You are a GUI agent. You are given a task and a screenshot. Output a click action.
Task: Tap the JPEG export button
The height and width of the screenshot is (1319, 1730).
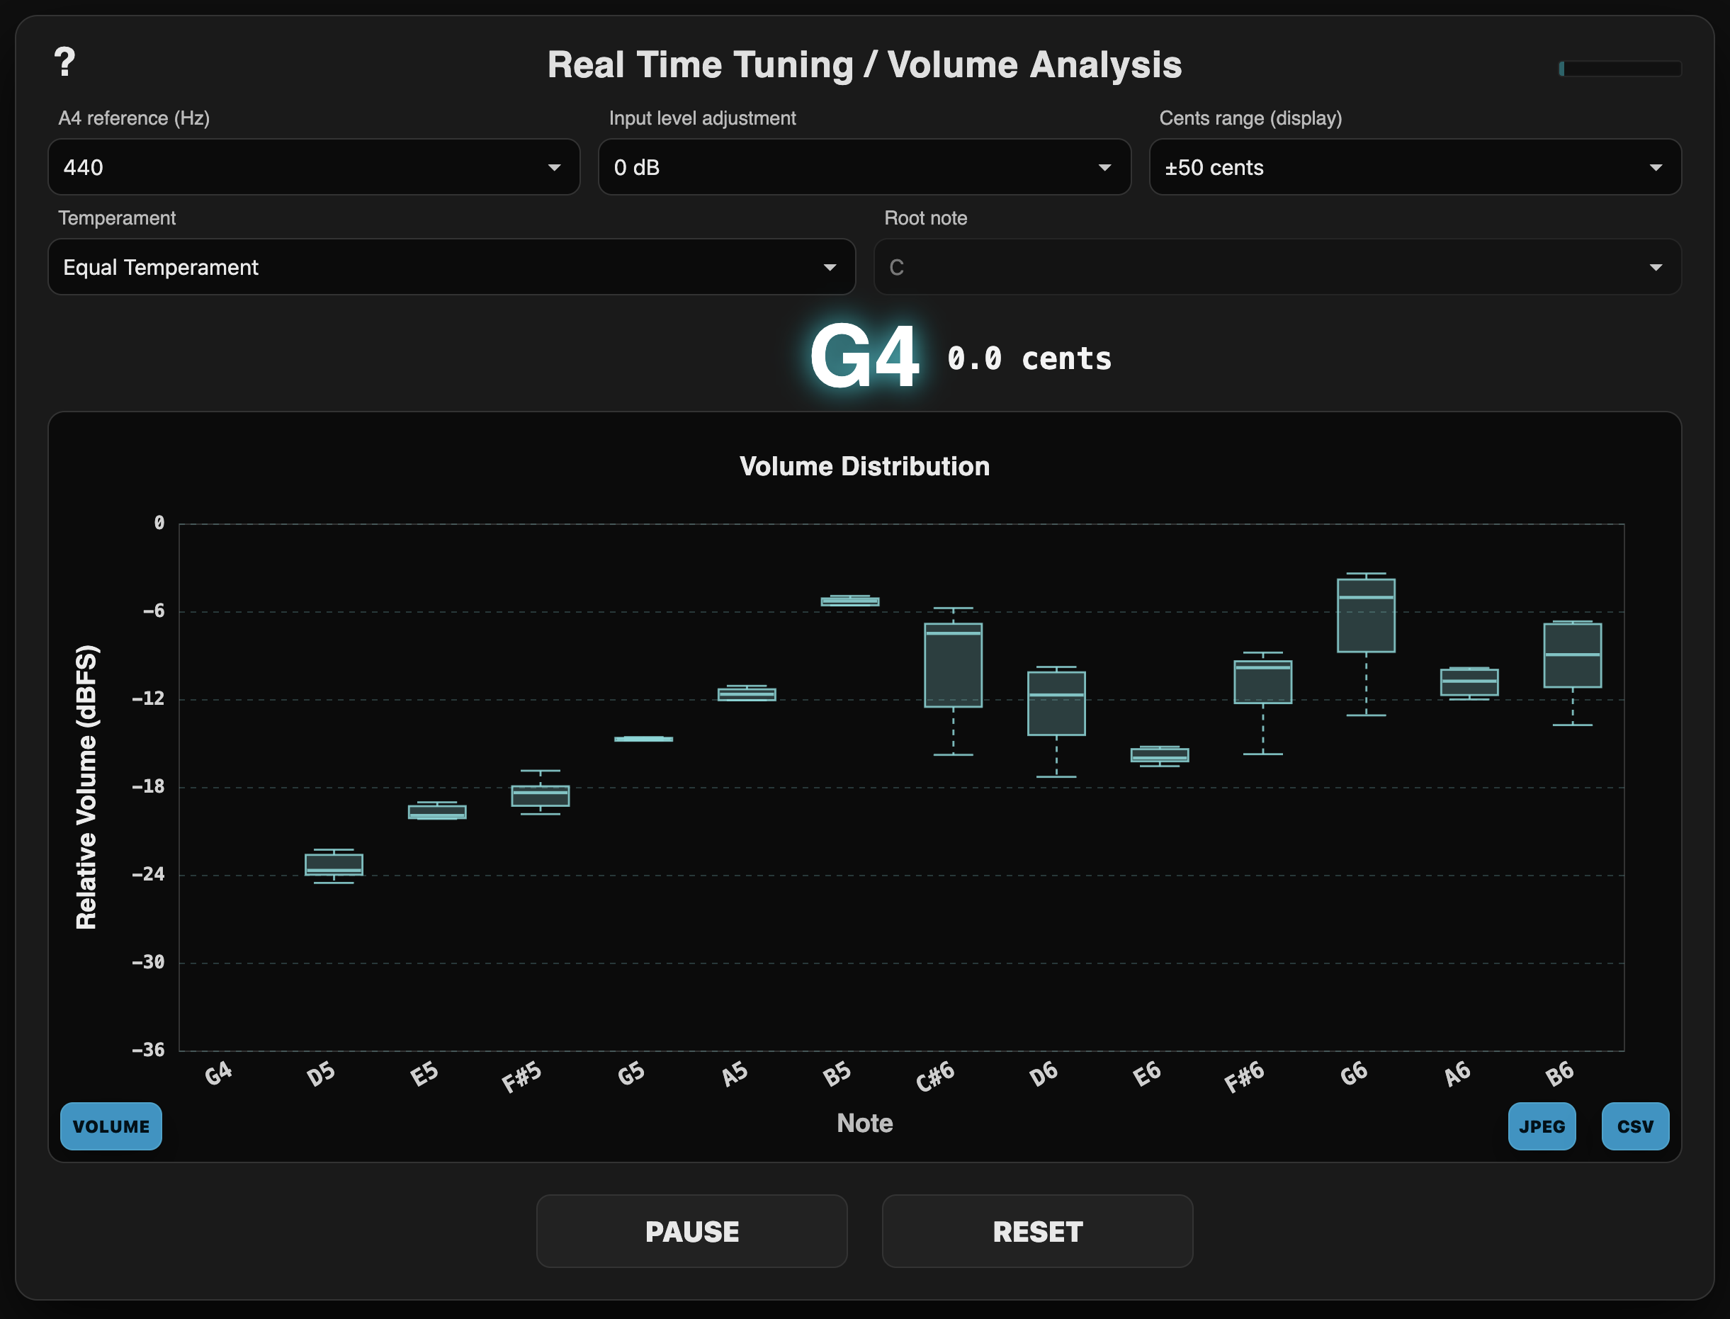(x=1542, y=1126)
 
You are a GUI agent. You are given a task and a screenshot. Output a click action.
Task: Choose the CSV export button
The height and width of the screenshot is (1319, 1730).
(x=1635, y=1126)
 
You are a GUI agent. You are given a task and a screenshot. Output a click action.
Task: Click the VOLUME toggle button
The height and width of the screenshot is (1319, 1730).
(x=111, y=1126)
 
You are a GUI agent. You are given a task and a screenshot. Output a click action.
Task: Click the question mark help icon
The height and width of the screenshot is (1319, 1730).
(x=64, y=62)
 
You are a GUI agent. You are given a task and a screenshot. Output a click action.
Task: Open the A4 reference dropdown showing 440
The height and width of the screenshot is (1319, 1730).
(x=313, y=167)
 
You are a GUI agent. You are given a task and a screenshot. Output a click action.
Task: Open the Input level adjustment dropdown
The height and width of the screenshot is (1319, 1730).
(x=864, y=167)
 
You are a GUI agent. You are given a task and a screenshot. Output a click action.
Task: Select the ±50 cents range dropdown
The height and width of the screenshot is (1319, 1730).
(x=1414, y=167)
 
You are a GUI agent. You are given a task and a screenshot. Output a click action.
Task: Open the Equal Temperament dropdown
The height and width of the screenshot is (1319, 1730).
(x=451, y=267)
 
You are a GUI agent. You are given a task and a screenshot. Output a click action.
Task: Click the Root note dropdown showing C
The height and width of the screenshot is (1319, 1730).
(x=1277, y=267)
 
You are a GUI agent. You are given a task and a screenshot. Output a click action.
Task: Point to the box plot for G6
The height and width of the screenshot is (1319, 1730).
(x=1366, y=616)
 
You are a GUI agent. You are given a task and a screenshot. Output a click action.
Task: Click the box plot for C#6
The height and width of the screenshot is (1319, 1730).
(x=953, y=665)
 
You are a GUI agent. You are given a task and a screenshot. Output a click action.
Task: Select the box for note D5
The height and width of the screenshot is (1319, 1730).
(x=334, y=864)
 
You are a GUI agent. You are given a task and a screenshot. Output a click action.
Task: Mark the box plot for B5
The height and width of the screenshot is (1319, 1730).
(x=849, y=601)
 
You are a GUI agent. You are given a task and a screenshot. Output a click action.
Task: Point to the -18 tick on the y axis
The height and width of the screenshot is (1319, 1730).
(x=149, y=786)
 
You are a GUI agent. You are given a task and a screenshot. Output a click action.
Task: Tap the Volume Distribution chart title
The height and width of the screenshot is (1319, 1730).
(x=864, y=466)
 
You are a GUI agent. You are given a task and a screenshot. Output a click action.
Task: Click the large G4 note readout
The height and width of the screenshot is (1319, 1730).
(x=864, y=357)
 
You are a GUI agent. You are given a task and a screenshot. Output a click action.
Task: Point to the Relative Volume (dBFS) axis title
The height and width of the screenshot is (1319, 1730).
(x=86, y=787)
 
